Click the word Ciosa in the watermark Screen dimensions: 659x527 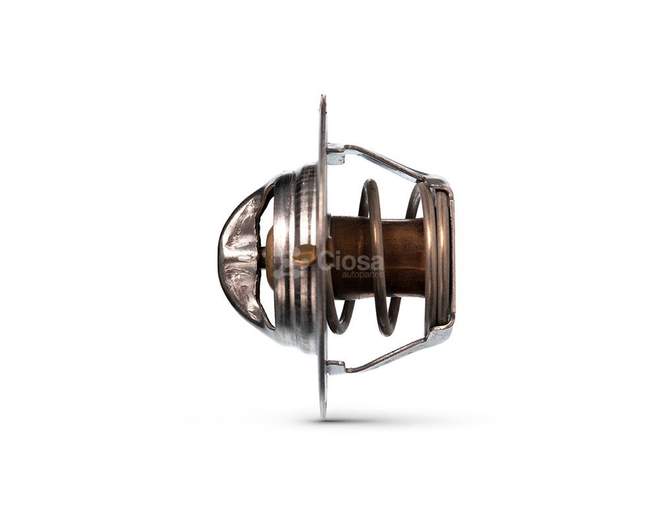351,261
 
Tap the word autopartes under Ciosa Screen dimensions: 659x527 362,275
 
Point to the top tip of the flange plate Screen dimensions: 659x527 322,96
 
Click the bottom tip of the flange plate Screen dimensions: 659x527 323,418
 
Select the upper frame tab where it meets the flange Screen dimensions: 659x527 335,154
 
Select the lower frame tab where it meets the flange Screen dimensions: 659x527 336,368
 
